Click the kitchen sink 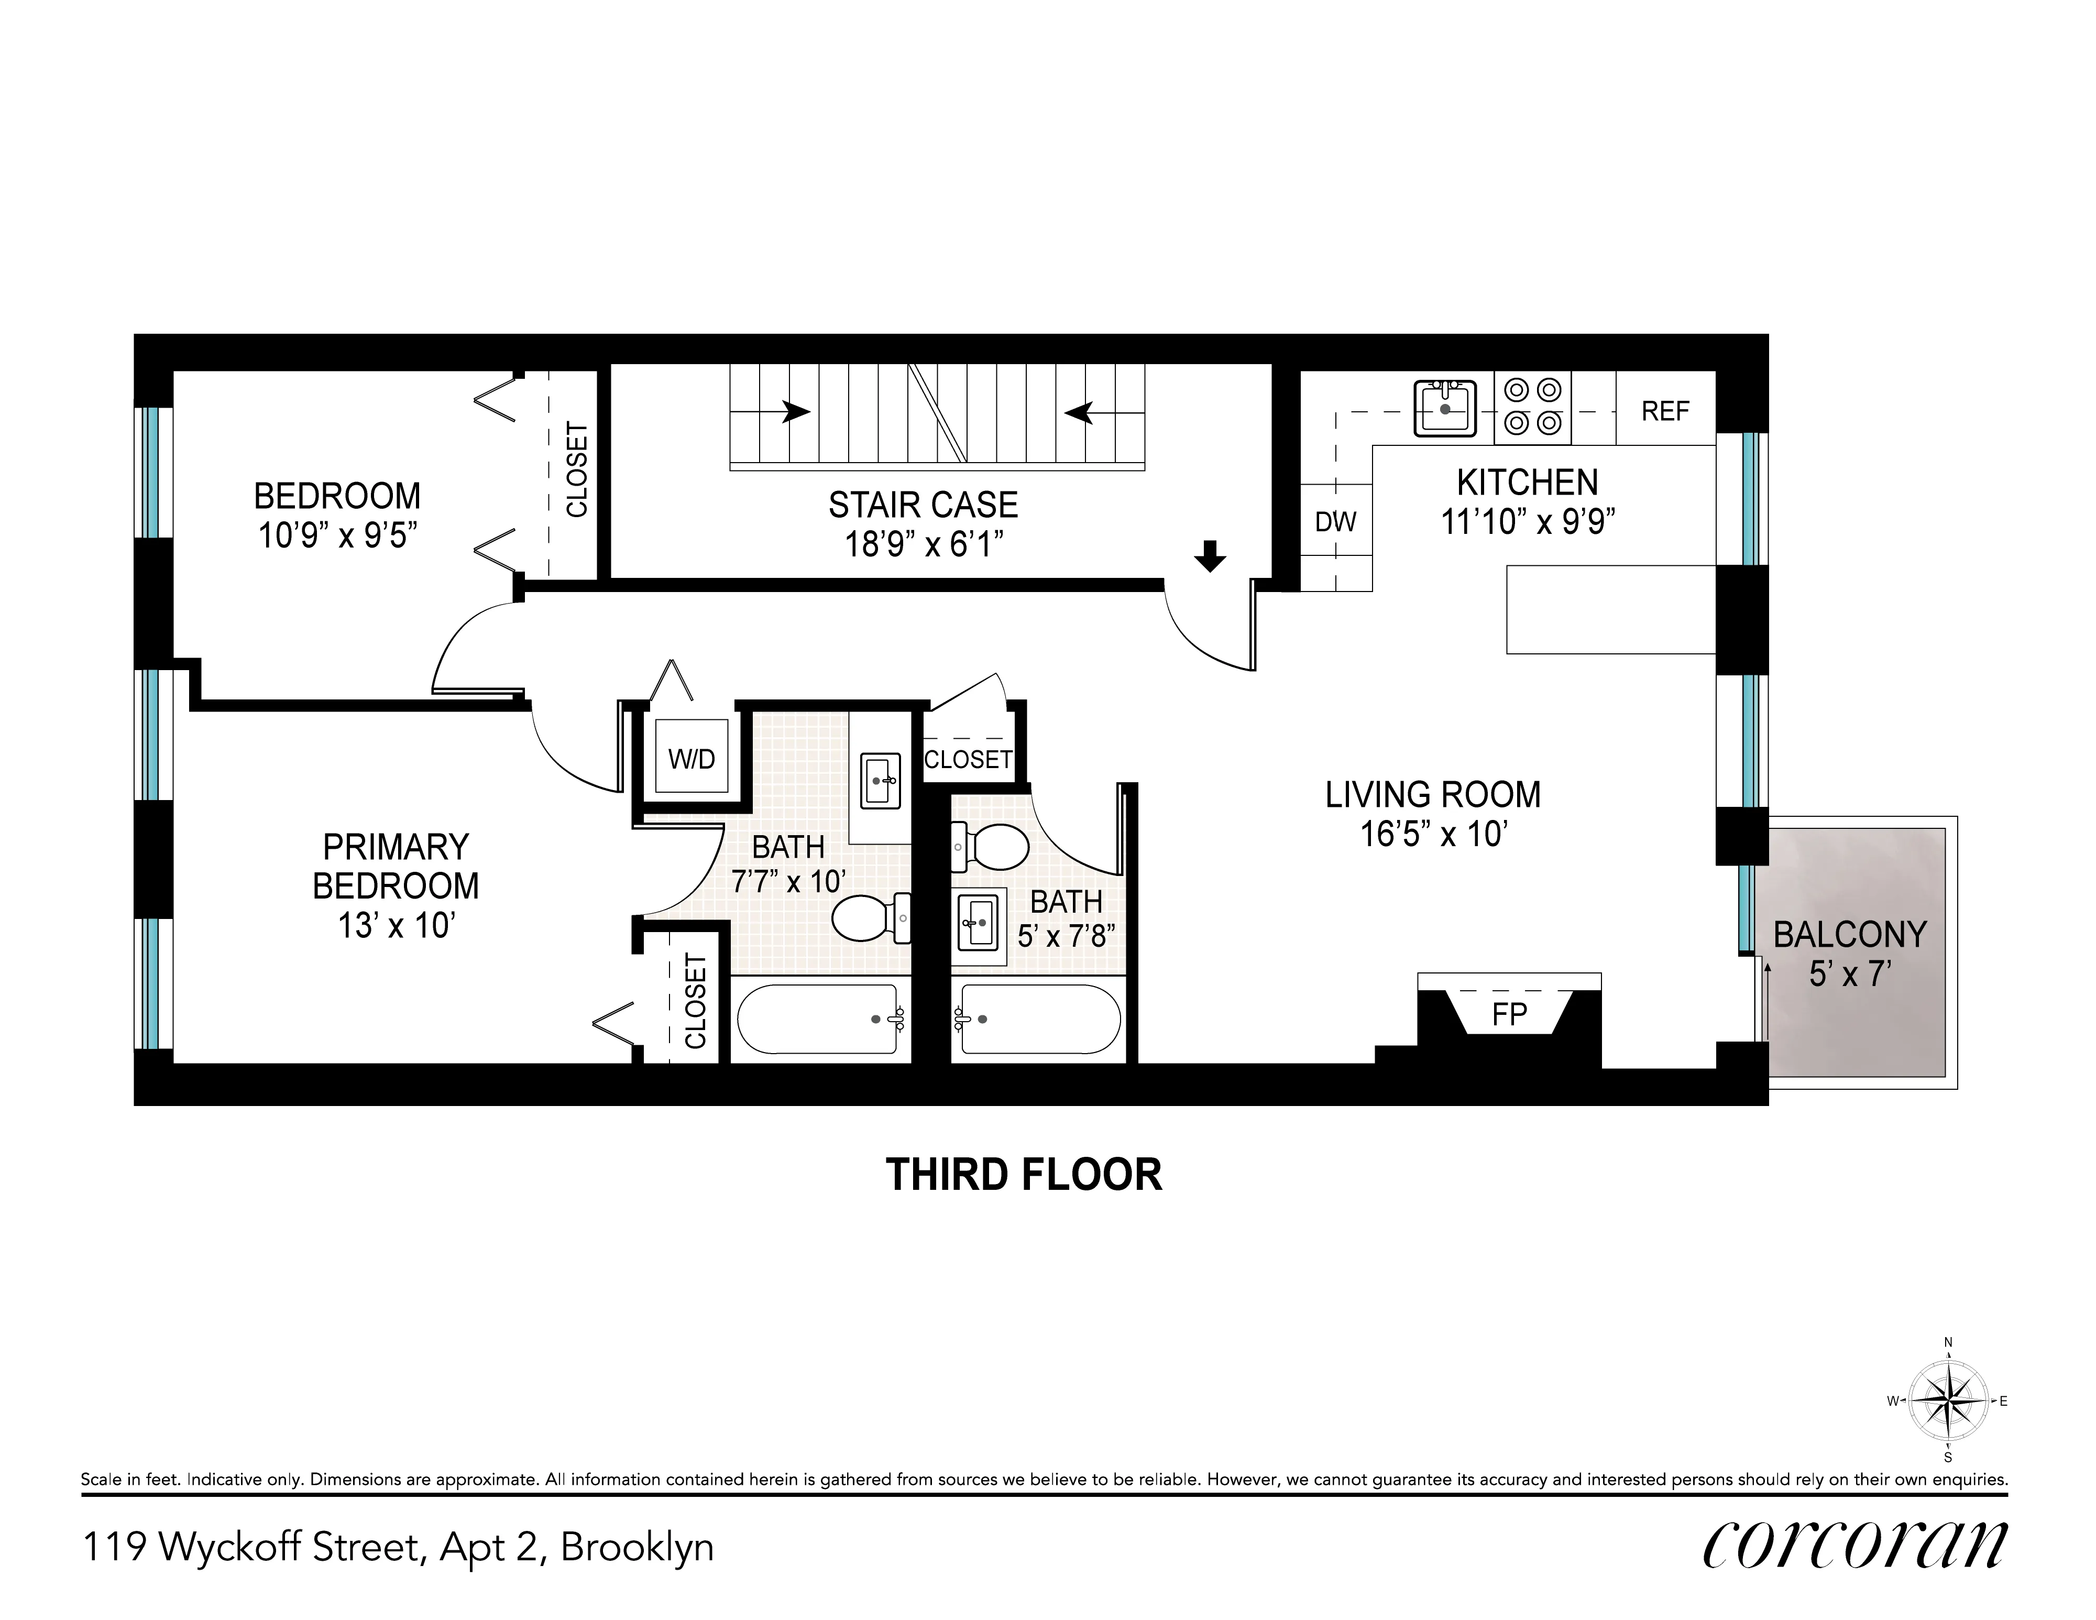click(x=1445, y=408)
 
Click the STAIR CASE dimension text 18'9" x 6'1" click(x=923, y=545)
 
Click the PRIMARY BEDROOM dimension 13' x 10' click(x=396, y=925)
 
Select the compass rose click(x=1947, y=1400)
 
